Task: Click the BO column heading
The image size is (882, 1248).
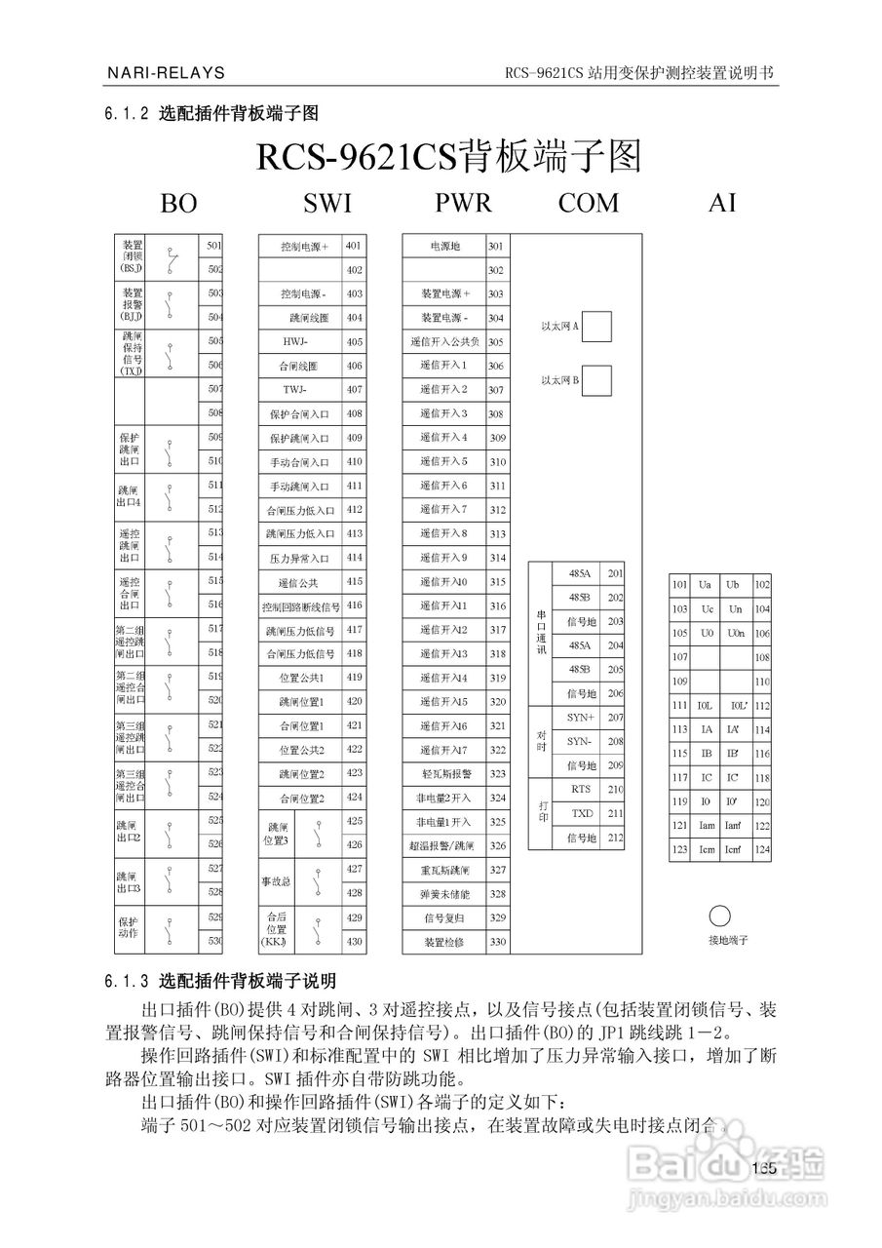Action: click(x=178, y=203)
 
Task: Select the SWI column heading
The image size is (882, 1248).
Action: click(x=327, y=203)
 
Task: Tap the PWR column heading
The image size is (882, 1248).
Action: click(x=463, y=203)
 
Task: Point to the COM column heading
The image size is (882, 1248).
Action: click(x=588, y=203)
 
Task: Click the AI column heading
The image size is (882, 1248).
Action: click(x=722, y=203)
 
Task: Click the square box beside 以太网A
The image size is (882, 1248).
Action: click(x=596, y=326)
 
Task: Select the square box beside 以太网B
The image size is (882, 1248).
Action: click(x=596, y=379)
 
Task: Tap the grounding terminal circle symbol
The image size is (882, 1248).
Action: click(x=719, y=916)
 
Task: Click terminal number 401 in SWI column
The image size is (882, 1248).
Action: click(x=353, y=246)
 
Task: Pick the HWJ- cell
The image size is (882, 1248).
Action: click(x=297, y=342)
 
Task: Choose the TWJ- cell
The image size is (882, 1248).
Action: click(x=297, y=390)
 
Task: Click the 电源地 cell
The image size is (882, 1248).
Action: click(x=444, y=247)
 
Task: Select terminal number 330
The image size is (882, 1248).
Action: click(x=497, y=942)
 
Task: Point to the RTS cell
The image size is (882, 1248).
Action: click(x=582, y=790)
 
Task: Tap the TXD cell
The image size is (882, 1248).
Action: click(x=582, y=813)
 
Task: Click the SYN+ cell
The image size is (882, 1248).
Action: click(x=582, y=718)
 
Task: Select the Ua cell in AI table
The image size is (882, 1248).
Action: click(x=706, y=585)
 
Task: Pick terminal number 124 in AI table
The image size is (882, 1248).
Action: click(x=762, y=850)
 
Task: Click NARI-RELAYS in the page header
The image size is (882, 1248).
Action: click(x=165, y=73)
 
